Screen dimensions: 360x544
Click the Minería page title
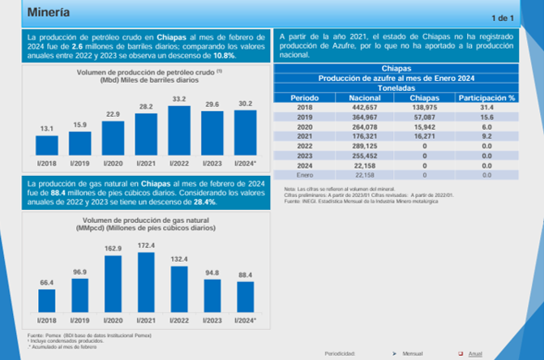49,13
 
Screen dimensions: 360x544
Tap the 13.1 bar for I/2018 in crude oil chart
47,145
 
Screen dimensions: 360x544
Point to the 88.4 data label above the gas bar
245,275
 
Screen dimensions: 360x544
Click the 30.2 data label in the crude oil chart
245,104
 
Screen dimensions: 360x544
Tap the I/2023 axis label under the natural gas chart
212,320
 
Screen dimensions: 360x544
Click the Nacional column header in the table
353,97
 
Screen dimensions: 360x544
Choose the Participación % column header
487,97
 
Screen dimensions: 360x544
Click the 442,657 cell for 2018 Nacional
353,107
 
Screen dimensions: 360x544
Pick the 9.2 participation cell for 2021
487,136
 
